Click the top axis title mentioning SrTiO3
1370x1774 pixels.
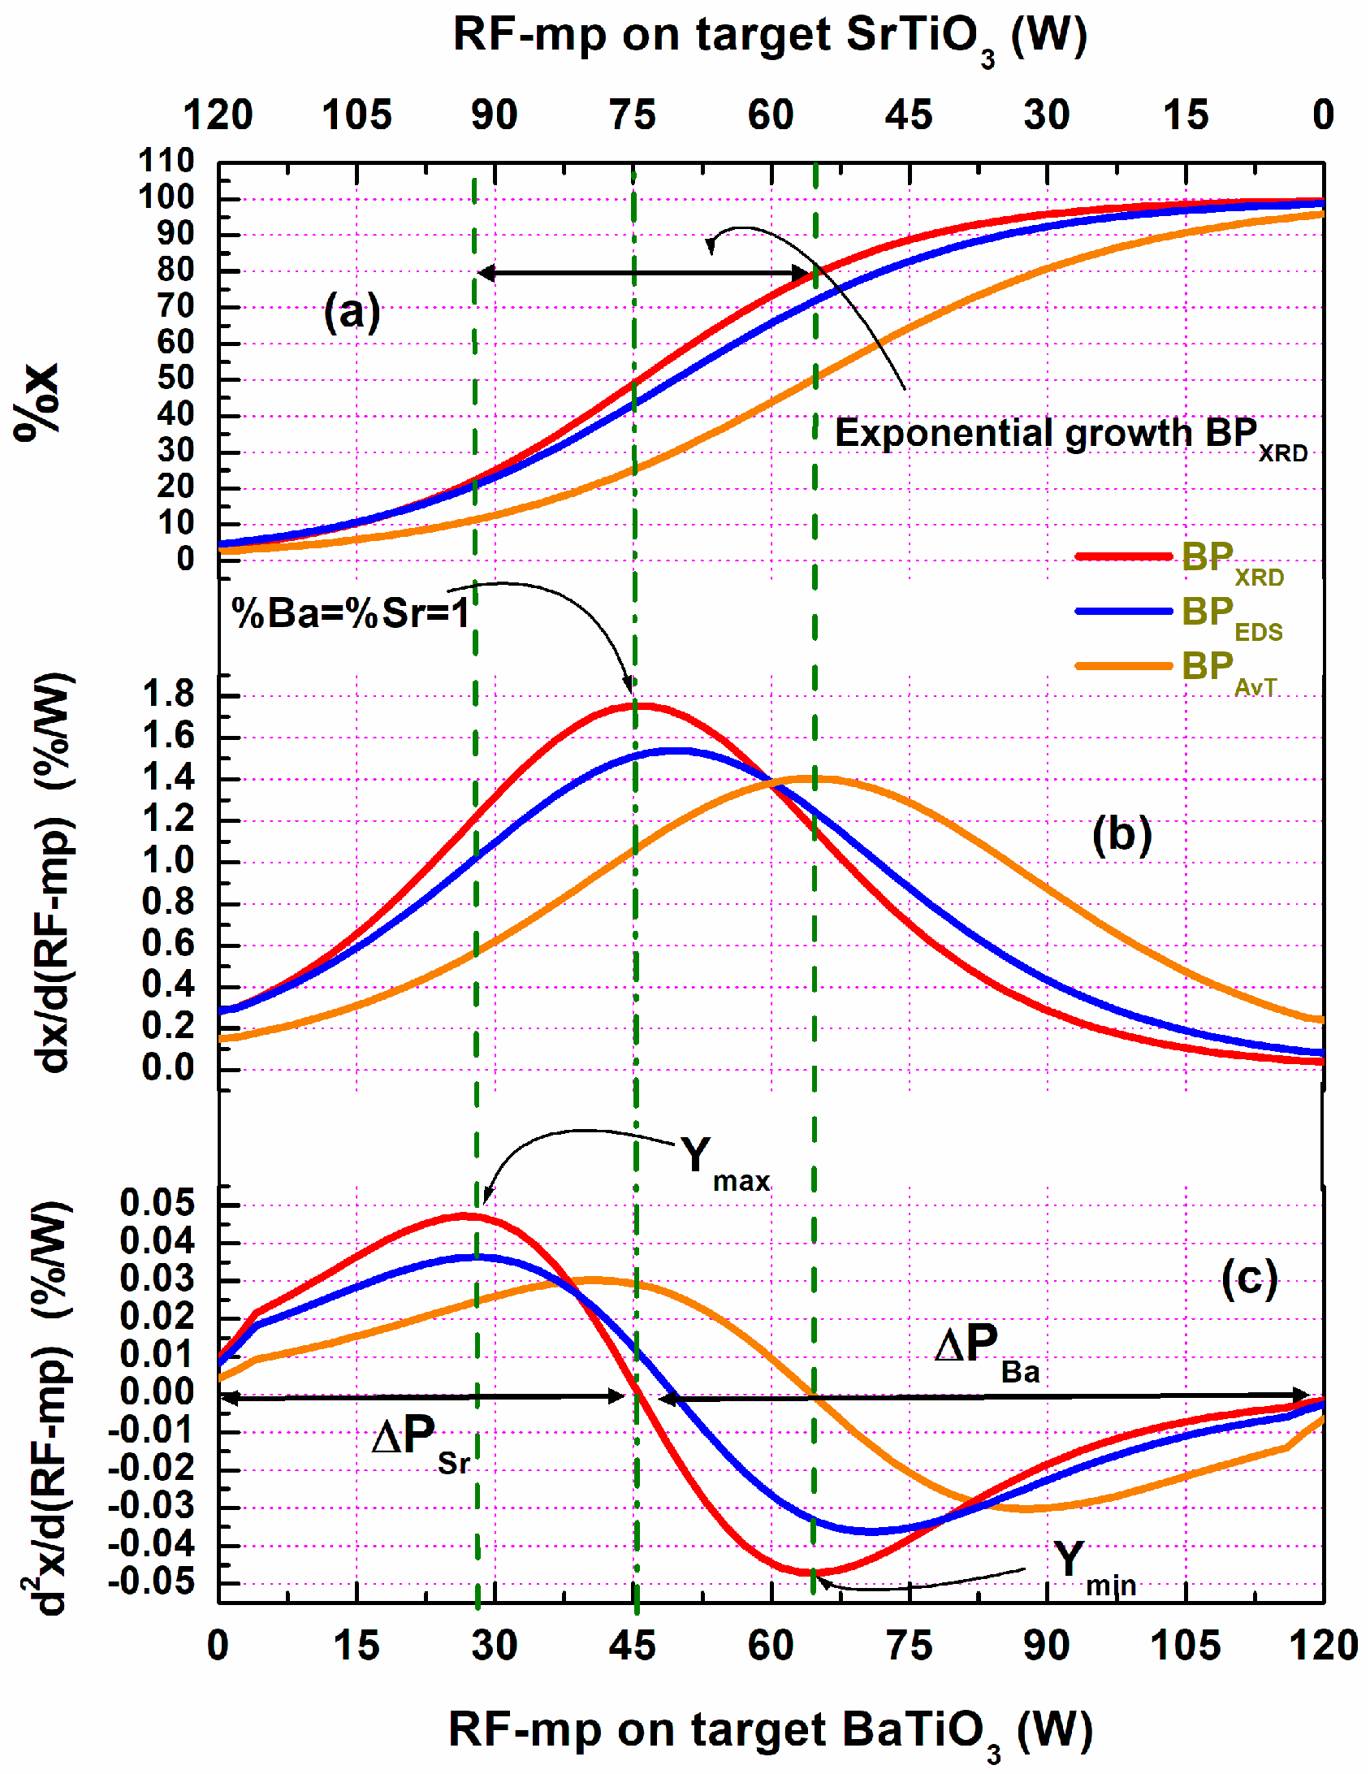(769, 39)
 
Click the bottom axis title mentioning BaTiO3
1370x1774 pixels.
(770, 1733)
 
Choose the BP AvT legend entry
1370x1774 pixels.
(1178, 670)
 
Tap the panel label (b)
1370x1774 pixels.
(1121, 834)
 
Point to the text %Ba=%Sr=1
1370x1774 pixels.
(351, 613)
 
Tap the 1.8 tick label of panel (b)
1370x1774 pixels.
(169, 694)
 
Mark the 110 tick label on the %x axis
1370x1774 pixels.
(166, 161)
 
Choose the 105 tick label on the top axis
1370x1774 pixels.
(357, 115)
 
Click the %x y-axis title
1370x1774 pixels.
(37, 401)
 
